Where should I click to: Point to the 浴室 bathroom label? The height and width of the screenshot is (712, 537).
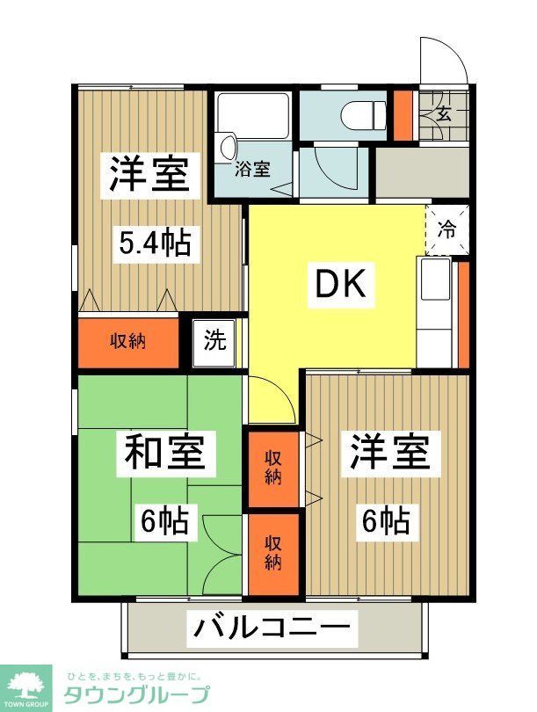point(252,170)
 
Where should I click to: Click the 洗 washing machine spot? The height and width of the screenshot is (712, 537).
point(214,340)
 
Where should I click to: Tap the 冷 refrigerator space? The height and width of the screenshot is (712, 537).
point(447,230)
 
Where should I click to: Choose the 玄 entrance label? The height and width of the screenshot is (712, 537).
point(444,113)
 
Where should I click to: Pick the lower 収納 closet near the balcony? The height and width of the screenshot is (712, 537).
point(272,551)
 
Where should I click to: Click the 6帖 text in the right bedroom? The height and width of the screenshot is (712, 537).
point(386,521)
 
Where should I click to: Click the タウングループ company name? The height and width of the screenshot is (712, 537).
point(137,694)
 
